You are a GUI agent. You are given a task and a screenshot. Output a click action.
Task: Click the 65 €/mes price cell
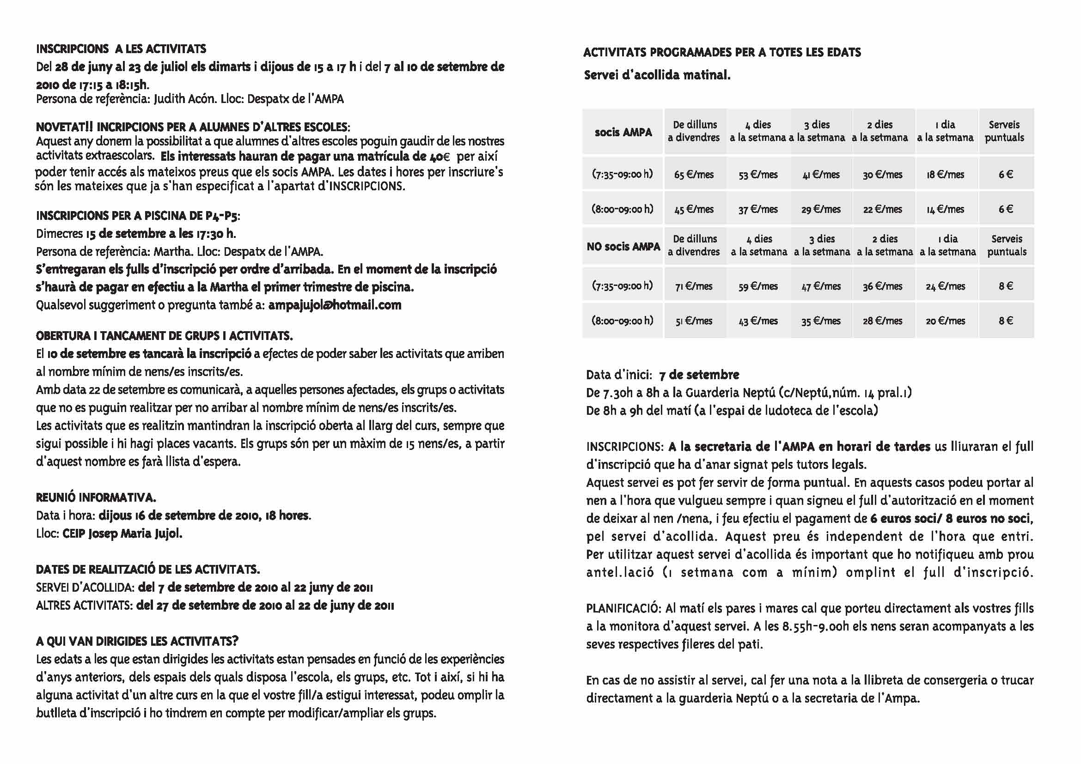[694, 175]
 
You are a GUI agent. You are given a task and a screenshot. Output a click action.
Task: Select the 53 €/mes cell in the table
[758, 175]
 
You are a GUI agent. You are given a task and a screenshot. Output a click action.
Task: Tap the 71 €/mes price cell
[694, 286]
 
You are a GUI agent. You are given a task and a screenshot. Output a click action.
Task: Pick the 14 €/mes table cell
[946, 209]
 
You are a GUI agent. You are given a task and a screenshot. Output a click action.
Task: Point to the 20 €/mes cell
[946, 321]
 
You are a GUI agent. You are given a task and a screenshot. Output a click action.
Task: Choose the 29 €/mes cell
[821, 209]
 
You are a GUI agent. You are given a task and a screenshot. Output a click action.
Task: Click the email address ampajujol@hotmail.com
[335, 305]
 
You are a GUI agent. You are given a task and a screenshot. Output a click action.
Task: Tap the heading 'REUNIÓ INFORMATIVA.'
[96, 497]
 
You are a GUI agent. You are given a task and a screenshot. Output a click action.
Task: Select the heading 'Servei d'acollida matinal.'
[657, 75]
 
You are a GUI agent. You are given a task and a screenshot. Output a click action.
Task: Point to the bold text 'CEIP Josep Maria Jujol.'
[135, 534]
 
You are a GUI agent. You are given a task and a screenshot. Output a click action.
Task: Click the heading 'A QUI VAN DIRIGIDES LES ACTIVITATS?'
[137, 641]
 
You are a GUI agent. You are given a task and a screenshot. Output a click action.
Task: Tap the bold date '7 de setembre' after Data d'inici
[699, 375]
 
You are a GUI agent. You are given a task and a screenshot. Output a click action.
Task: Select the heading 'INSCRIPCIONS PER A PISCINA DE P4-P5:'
[138, 216]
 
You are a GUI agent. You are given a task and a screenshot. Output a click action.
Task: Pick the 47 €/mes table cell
[821, 286]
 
